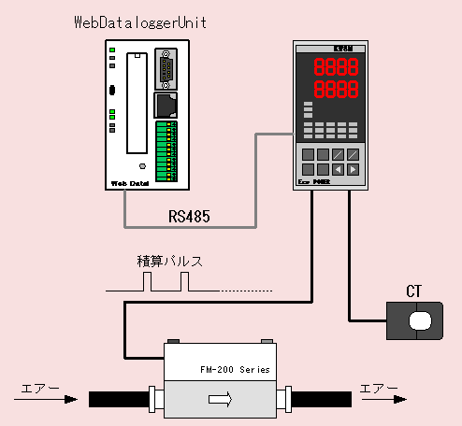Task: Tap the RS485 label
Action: (x=189, y=216)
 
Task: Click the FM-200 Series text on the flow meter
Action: (x=235, y=369)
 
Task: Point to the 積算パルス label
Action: (x=169, y=262)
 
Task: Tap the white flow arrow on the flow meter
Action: (x=222, y=399)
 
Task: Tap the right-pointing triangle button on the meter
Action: (x=352, y=169)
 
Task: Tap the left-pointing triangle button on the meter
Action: (x=337, y=169)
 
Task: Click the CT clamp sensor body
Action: (x=417, y=320)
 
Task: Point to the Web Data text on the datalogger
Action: (x=130, y=183)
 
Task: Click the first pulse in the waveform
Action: (x=148, y=283)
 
